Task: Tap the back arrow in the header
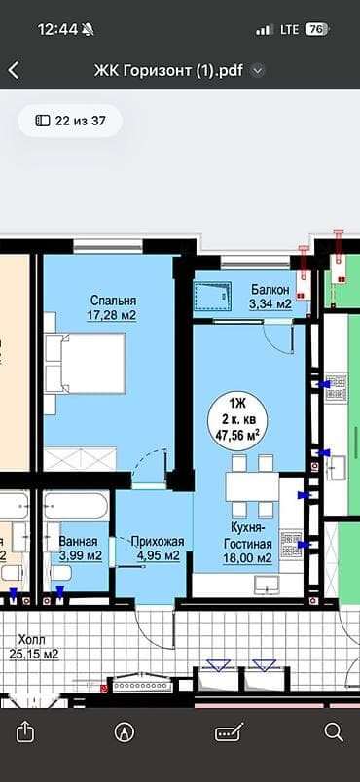tap(14, 70)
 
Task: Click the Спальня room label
tap(113, 301)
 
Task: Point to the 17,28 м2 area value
tap(113, 315)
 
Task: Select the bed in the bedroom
tap(85, 362)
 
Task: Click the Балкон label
tap(270, 290)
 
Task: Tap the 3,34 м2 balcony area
tap(270, 304)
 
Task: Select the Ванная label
tap(77, 541)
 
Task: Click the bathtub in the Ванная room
tap(76, 506)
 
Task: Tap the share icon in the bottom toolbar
tap(26, 731)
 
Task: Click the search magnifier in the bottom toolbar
tap(333, 731)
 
